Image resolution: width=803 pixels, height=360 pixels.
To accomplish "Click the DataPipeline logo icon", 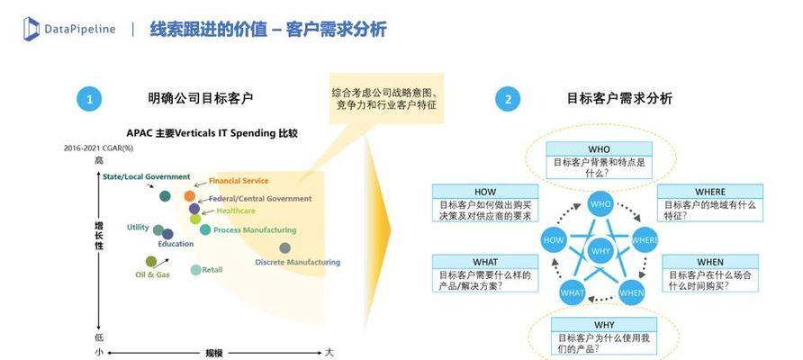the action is point(32,29).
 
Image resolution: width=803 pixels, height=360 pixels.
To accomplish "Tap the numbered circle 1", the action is point(90,99).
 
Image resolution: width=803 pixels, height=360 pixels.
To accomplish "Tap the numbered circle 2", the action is point(508,99).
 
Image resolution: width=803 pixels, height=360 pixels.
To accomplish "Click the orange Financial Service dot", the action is point(189,195).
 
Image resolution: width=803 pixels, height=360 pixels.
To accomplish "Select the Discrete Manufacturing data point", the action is point(285,247).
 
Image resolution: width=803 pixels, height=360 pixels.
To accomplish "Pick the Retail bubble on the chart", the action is point(195,270).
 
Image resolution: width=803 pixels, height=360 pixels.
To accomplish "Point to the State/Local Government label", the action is point(147,176).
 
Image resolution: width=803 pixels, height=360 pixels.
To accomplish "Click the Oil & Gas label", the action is point(152,274).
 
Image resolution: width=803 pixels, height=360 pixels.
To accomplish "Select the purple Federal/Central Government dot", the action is point(194,209).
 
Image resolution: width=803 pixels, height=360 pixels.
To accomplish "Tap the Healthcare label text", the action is point(236,211).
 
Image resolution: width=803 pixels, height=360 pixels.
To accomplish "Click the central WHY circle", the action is point(600,251).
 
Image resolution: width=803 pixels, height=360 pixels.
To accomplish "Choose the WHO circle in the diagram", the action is point(600,203).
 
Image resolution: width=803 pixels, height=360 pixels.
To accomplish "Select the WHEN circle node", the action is point(631,292).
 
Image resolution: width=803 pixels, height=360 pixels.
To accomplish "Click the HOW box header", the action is point(485,192).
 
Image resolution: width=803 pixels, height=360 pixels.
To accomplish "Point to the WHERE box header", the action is point(709,192).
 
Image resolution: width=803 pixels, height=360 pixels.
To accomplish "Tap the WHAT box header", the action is point(485,262).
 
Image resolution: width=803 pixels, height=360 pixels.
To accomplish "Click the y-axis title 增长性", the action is point(99,236).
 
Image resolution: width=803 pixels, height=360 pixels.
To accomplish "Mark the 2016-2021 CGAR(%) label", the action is point(97,148).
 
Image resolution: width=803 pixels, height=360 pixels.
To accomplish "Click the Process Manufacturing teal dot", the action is point(205,229).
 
